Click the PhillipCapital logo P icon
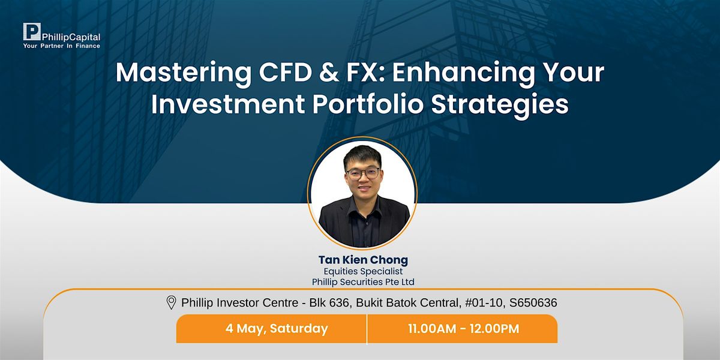click(31, 32)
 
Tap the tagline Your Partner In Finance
click(61, 46)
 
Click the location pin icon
click(171, 303)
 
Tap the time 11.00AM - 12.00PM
click(463, 329)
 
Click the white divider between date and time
click(367, 329)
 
